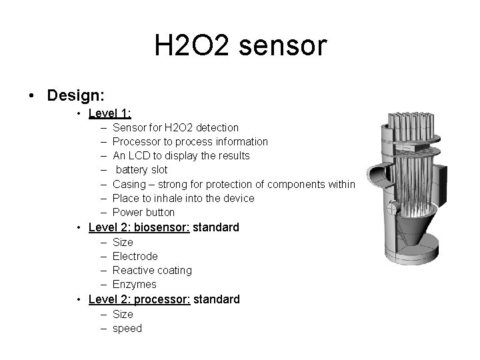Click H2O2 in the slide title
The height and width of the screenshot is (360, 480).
click(193, 46)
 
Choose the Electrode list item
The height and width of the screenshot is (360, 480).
click(135, 256)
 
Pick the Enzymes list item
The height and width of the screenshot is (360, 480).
click(135, 285)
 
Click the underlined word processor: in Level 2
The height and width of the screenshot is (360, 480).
click(163, 299)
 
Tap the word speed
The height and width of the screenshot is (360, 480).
click(127, 328)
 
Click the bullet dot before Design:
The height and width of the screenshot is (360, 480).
click(33, 95)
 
